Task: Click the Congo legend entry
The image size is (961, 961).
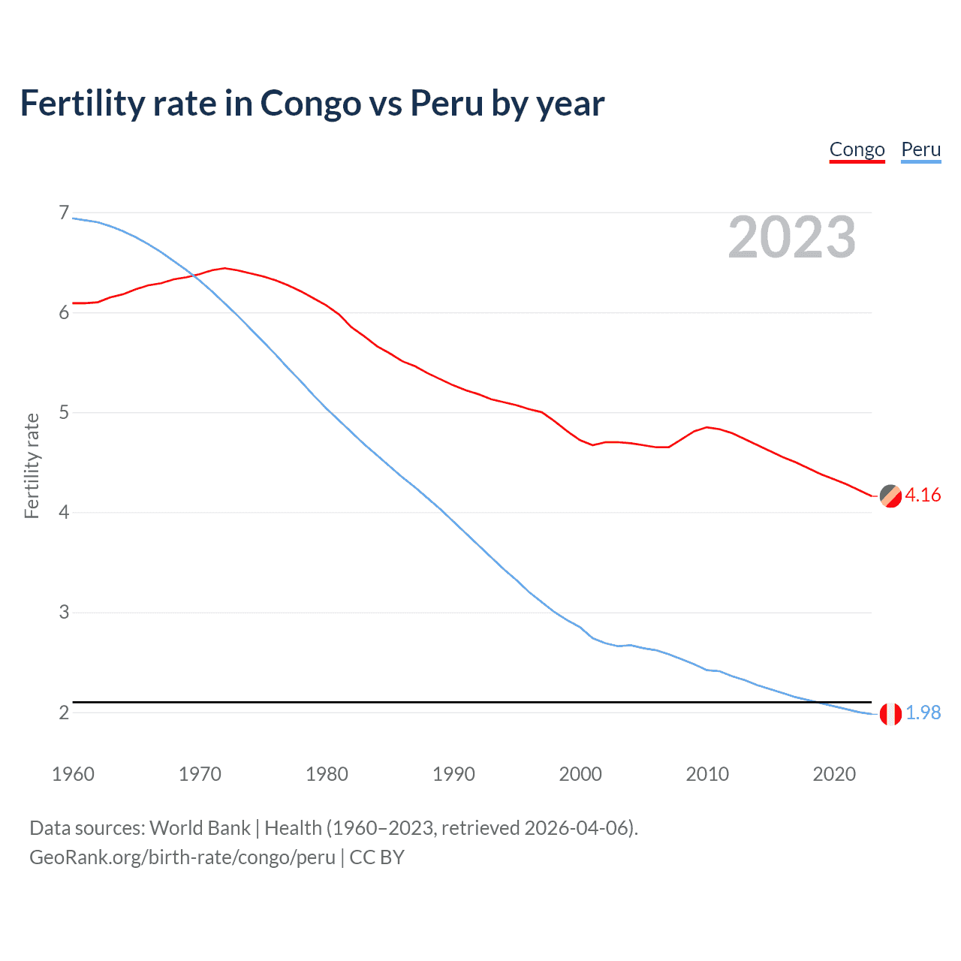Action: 857,149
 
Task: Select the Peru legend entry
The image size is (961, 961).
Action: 920,149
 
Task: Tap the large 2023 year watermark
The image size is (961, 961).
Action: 791,237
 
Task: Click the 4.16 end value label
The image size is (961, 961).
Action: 923,496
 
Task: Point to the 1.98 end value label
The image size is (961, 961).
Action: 923,713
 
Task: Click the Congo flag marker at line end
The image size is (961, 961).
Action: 890,496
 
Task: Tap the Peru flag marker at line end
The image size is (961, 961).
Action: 890,714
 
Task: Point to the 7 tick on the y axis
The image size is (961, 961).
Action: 64,213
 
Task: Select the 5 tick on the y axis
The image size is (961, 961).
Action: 64,412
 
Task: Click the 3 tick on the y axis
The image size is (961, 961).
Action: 64,612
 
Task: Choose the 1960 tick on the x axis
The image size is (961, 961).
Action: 73,774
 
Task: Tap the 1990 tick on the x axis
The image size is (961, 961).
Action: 453,774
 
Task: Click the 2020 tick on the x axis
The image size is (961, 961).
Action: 834,774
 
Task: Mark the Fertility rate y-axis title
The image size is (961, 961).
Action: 32,465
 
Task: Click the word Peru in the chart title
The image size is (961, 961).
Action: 447,104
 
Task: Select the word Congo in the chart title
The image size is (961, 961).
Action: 310,104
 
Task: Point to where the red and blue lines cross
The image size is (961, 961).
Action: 194,276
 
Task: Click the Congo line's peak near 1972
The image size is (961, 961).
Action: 224,268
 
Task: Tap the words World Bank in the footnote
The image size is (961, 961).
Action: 200,828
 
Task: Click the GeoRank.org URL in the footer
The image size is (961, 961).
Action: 182,857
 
